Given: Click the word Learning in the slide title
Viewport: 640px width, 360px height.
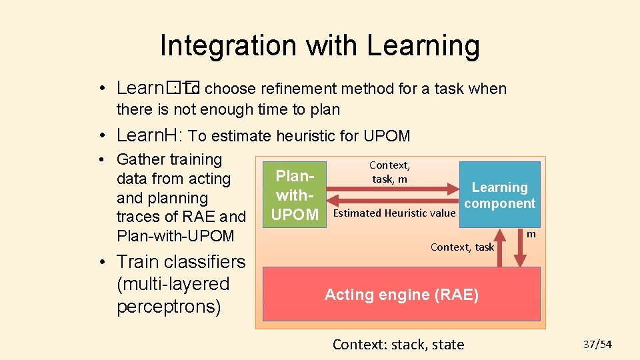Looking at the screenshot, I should point(423,45).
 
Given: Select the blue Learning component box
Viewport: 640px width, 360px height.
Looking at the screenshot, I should point(499,195).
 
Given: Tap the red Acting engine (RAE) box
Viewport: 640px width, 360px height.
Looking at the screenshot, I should point(401,294).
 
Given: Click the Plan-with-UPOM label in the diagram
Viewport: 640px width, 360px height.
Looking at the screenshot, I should point(296,195).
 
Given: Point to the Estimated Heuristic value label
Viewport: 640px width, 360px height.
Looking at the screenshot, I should point(393,213).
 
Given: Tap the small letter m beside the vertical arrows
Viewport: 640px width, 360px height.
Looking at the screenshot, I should point(531,234).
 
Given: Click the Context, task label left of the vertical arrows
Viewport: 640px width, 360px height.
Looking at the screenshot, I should point(462,247).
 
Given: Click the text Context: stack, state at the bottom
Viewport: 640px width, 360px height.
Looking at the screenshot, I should point(398,344).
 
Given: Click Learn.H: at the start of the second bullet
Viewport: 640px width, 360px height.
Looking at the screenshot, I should point(149,135).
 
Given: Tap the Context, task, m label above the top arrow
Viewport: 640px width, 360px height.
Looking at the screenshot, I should point(389,172).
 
